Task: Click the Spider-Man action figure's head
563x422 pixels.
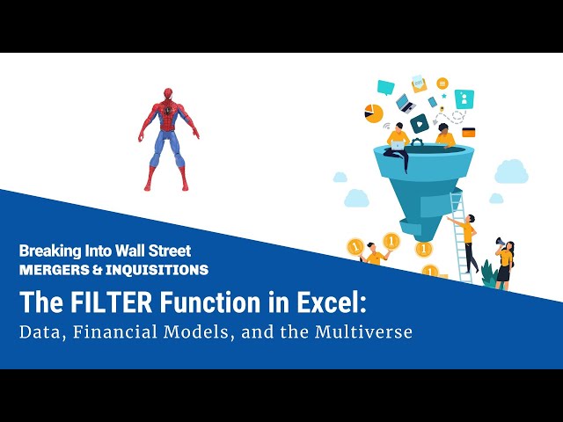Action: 166,97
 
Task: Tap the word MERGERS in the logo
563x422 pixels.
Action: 50,270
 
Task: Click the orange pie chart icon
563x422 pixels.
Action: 374,113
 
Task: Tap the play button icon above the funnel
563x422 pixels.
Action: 420,123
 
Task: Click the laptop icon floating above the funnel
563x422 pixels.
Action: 405,102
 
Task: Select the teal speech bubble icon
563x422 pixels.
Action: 385,87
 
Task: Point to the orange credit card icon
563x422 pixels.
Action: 469,133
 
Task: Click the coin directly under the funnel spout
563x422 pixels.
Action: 426,249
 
